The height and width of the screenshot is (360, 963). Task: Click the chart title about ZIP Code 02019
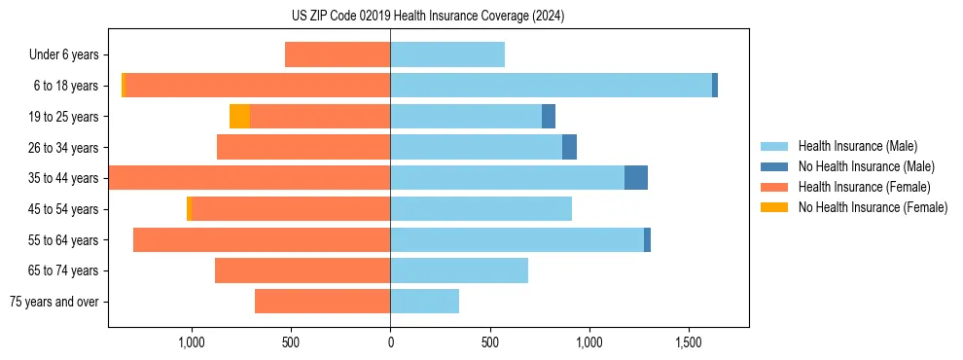pos(428,17)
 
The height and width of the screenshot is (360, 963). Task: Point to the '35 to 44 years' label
pos(64,178)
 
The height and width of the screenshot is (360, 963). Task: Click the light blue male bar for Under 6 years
pos(447,54)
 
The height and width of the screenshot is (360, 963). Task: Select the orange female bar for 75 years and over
pos(322,302)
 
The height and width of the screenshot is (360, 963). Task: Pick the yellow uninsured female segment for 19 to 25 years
pos(239,117)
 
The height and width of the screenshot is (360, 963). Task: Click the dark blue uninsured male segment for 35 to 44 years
pos(636,178)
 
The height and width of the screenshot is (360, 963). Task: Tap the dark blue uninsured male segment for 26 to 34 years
pos(569,147)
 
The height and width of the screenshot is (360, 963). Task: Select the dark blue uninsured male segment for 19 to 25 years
pos(549,117)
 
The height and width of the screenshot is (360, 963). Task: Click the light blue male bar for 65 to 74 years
pos(459,270)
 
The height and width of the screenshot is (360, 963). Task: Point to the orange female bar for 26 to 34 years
pos(303,147)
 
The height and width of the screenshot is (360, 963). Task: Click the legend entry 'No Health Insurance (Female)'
pos(873,207)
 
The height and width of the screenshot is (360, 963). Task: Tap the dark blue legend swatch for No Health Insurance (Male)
pos(775,166)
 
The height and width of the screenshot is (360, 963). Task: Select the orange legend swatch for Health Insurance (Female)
pos(775,187)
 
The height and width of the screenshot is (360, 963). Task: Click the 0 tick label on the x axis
pos(390,343)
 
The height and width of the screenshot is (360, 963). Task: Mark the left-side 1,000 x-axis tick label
pos(191,343)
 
